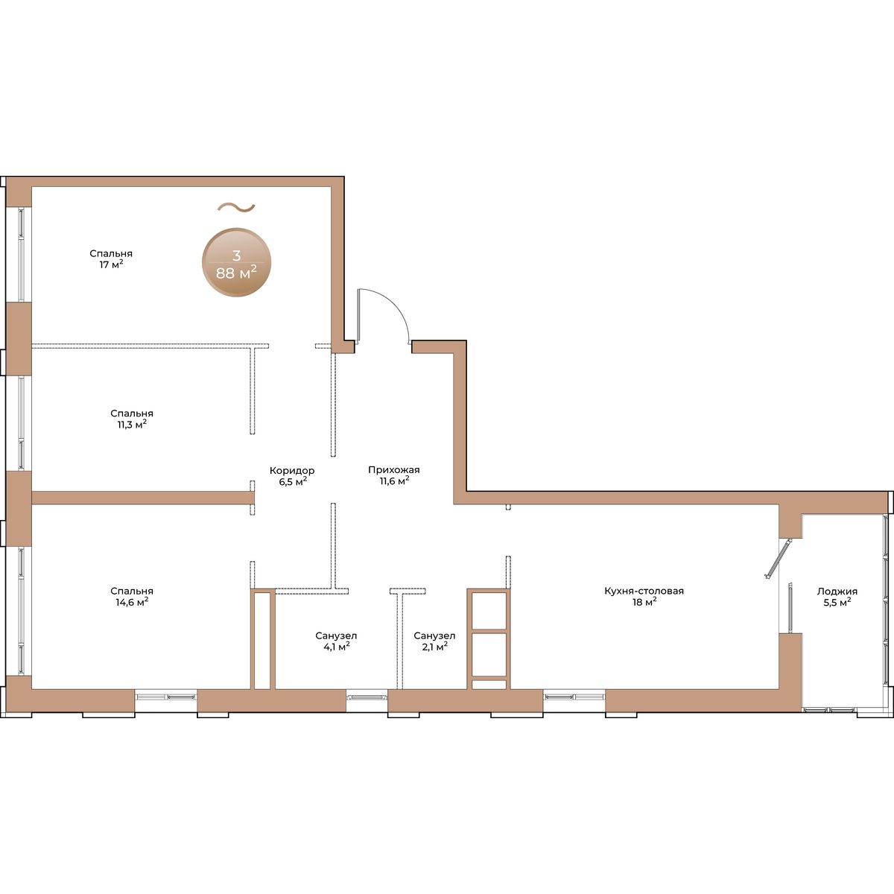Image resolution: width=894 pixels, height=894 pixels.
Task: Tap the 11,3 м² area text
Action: (132, 425)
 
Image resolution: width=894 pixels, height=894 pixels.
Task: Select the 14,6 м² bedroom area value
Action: (132, 602)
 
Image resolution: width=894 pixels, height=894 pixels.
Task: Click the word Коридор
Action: (292, 470)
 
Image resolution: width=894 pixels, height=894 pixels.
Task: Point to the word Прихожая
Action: (394, 470)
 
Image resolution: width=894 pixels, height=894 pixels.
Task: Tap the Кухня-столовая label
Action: (644, 592)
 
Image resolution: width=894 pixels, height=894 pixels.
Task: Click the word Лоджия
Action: (837, 592)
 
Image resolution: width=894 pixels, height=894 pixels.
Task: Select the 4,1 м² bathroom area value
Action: (336, 647)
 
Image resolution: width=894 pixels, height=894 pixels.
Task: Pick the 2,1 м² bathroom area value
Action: (434, 647)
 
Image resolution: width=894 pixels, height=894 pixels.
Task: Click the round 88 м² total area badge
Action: (237, 262)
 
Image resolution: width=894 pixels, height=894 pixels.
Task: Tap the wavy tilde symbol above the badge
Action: (236, 208)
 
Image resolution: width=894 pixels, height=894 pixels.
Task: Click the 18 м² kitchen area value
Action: (644, 602)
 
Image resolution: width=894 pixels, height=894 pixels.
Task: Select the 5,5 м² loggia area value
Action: (837, 603)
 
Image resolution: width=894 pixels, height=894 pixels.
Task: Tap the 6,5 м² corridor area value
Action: (293, 481)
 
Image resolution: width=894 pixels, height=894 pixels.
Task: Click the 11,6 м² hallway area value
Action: (394, 481)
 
